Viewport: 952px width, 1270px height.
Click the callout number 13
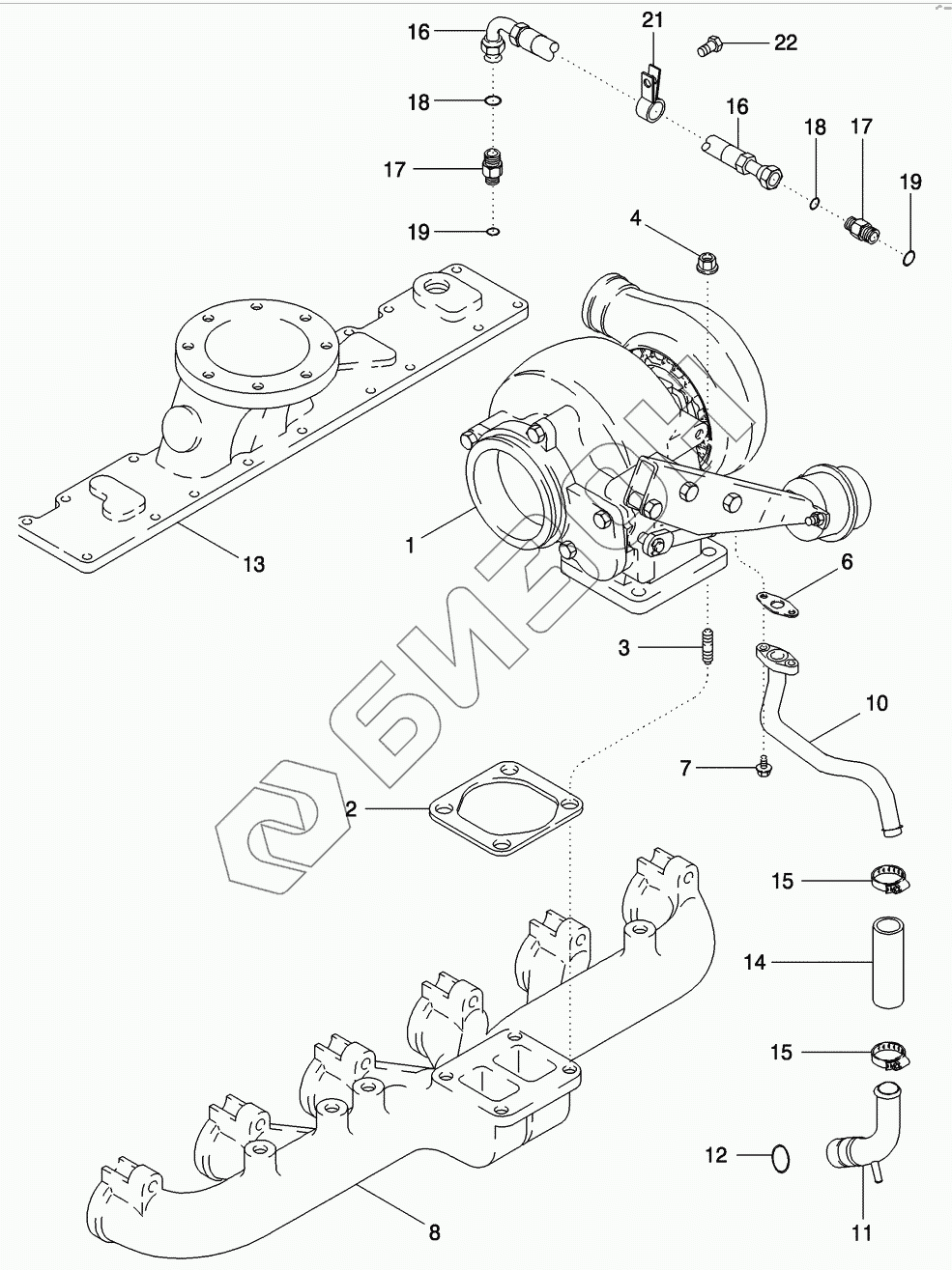(x=253, y=564)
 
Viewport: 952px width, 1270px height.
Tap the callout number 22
(x=784, y=42)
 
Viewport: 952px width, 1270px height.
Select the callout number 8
(x=434, y=1231)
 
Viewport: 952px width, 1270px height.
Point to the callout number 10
(x=876, y=703)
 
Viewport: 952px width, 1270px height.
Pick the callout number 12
(x=715, y=1155)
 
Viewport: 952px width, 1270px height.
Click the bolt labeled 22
(x=707, y=43)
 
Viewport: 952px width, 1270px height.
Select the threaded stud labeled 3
(x=706, y=646)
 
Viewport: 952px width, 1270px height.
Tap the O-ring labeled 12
(x=781, y=1155)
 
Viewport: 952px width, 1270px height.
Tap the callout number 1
(x=410, y=546)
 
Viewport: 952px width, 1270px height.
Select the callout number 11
(x=861, y=1232)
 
